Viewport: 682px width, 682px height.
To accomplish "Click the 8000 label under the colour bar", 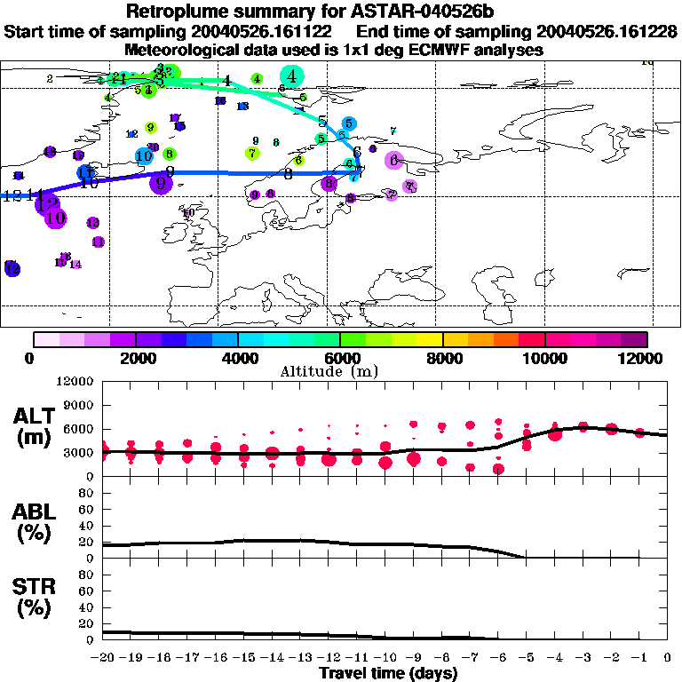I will [442, 358].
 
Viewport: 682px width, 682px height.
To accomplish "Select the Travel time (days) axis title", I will [388, 673].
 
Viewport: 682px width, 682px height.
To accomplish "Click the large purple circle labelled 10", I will [55, 217].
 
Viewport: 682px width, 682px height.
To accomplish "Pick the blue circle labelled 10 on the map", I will [144, 156].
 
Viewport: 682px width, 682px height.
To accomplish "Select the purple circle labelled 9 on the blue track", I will [161, 184].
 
